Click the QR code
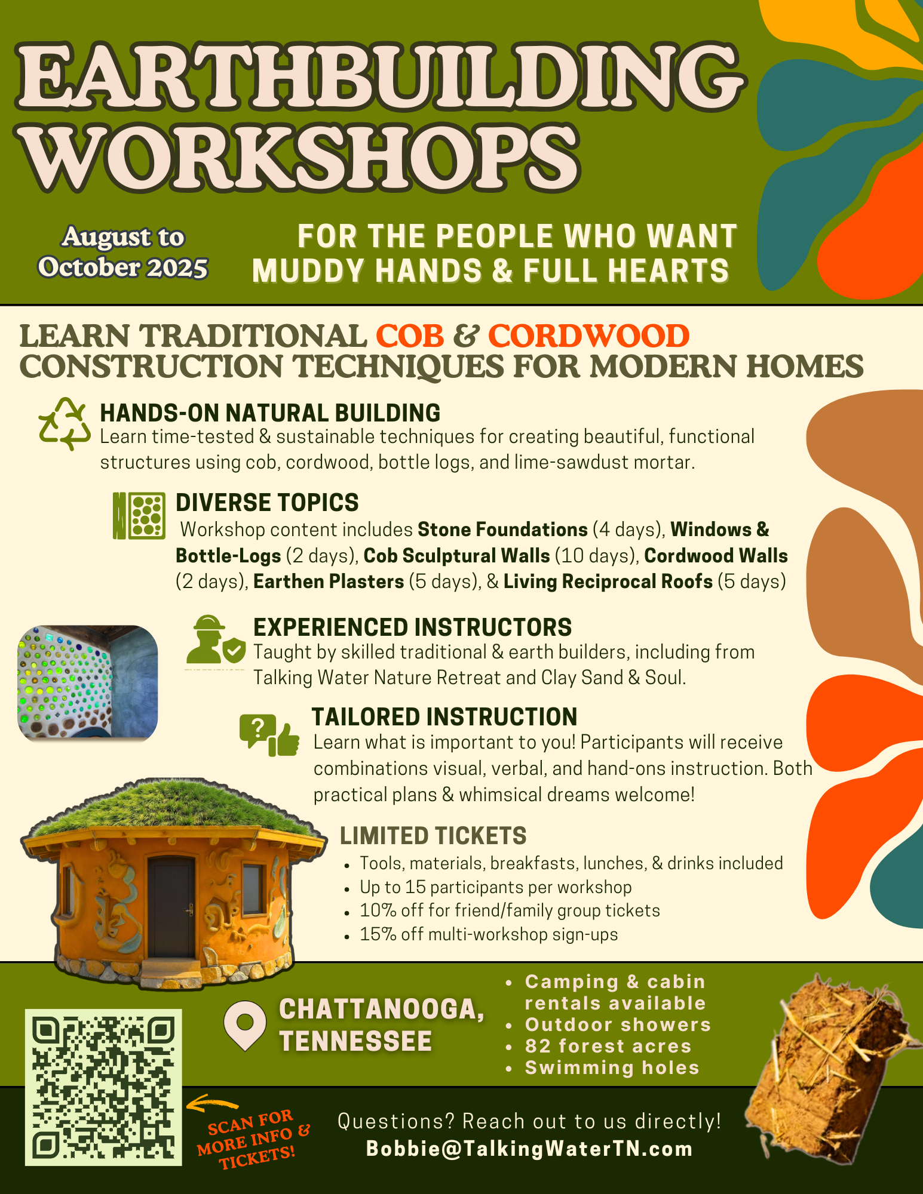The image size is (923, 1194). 103,1087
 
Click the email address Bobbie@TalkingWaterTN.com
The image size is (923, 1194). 529,1149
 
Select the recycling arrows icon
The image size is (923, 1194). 65,424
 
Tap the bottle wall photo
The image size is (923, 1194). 88,683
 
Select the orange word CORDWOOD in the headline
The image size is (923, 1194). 589,336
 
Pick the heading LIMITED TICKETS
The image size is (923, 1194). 433,836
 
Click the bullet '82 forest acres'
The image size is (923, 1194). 608,1046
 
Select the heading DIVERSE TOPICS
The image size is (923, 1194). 267,503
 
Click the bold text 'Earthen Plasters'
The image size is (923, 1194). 329,581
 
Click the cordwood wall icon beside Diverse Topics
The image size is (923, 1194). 139,516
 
